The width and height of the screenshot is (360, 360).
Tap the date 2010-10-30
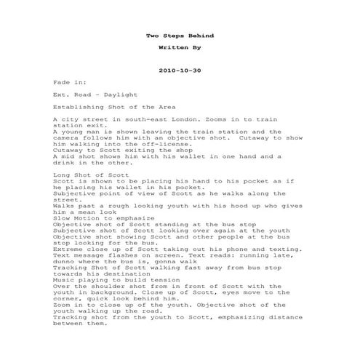coord(179,71)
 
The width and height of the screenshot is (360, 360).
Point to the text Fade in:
coord(68,83)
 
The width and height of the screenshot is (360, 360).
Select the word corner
coord(68,300)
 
